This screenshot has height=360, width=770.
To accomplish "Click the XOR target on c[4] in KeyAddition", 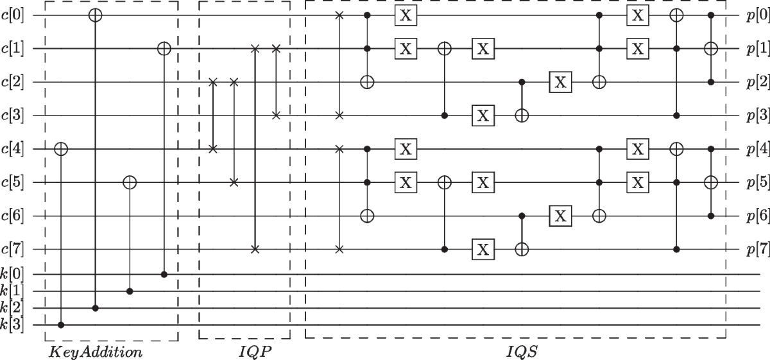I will pos(61,149).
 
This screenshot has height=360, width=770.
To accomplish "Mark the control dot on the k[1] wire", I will pos(130,291).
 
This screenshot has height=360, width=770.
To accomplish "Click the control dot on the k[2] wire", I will pos(95,309).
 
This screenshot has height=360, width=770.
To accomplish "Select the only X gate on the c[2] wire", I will pos(561,82).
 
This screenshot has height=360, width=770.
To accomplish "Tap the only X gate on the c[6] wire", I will pos(561,216).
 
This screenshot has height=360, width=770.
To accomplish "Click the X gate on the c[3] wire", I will pos(483,116).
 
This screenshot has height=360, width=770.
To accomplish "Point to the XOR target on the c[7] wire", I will pos(522,249).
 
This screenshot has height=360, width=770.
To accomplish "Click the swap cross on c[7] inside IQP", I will pos(255,249).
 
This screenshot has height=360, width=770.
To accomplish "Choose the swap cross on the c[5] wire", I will pos(234,182).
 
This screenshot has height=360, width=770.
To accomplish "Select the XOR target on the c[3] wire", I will pos(522,116).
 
